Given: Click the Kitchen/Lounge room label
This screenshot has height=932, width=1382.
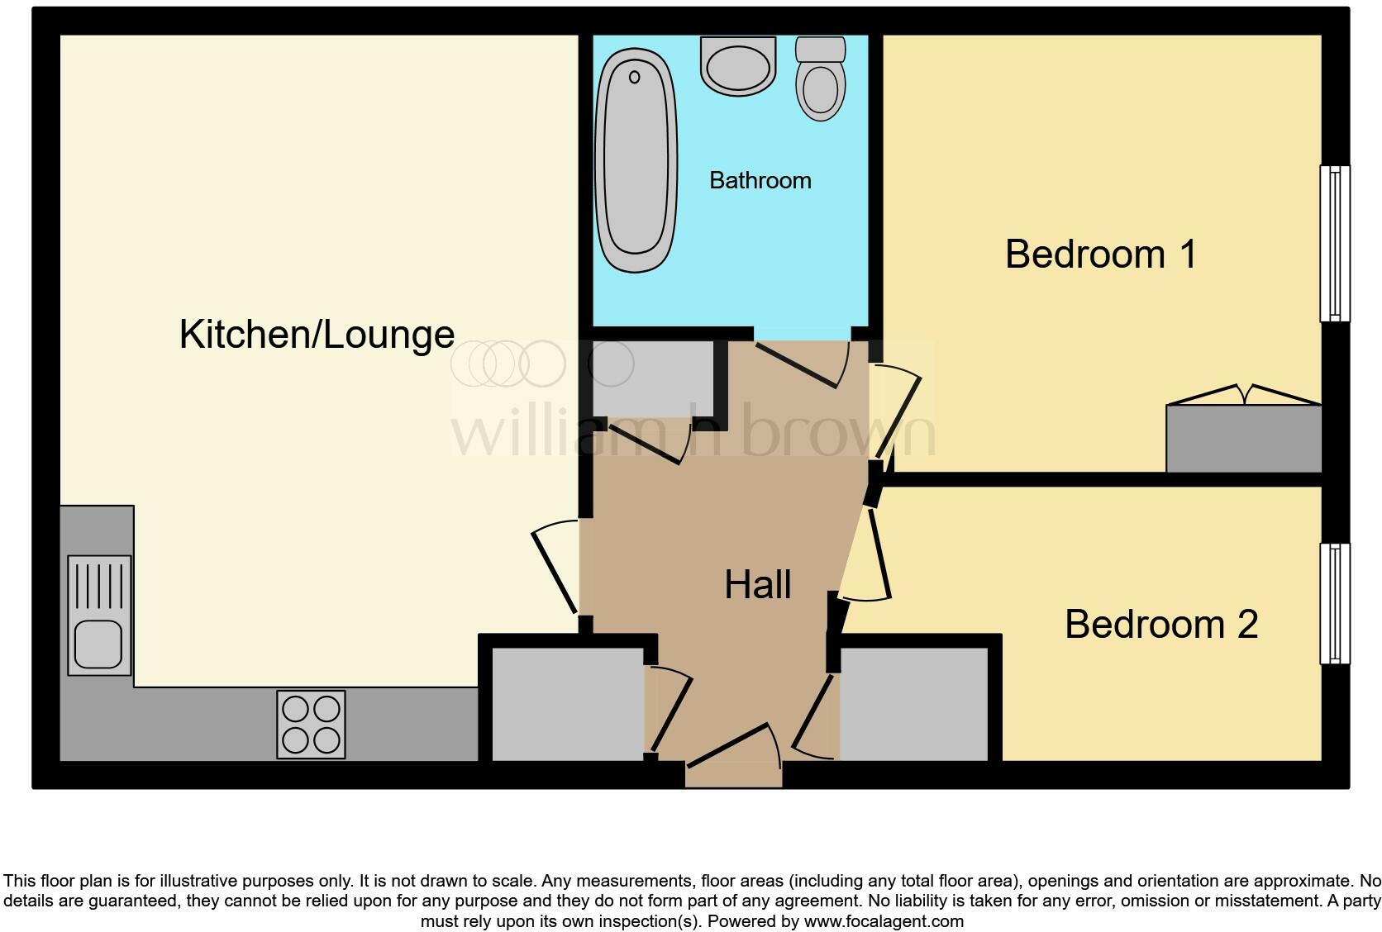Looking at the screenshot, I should click(317, 335).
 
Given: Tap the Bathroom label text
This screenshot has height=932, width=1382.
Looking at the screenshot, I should click(760, 180).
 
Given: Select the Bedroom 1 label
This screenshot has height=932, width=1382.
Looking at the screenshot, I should click(1100, 254).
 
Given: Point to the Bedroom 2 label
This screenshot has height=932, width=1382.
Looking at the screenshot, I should click(1160, 624).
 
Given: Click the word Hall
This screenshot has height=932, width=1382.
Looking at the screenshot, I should click(758, 585).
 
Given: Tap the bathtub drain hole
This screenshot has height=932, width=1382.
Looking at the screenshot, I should click(634, 78).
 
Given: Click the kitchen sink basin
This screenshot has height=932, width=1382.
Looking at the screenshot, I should click(98, 644).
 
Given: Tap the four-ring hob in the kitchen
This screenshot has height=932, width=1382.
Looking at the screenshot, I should click(311, 724).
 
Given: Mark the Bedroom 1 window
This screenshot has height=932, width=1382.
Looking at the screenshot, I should click(1333, 243).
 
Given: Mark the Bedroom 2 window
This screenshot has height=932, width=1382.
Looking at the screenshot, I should click(1333, 603).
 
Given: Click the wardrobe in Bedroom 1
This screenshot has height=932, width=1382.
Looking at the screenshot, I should click(1243, 438).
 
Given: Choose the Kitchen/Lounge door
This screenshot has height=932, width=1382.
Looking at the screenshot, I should click(555, 568).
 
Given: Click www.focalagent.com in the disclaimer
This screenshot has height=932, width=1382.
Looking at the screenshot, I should click(883, 920).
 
